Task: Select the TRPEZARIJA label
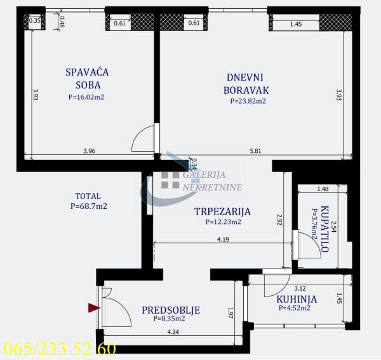pyautogui.click(x=222, y=211)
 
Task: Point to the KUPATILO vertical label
pyautogui.click(x=324, y=229)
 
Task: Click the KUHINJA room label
pyautogui.click(x=297, y=299)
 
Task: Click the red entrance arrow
pyautogui.click(x=94, y=308)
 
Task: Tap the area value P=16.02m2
pyautogui.click(x=86, y=97)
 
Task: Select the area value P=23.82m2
pyautogui.click(x=247, y=100)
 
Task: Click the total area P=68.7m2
pyautogui.click(x=88, y=206)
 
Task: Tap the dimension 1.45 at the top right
pyautogui.click(x=296, y=24)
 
